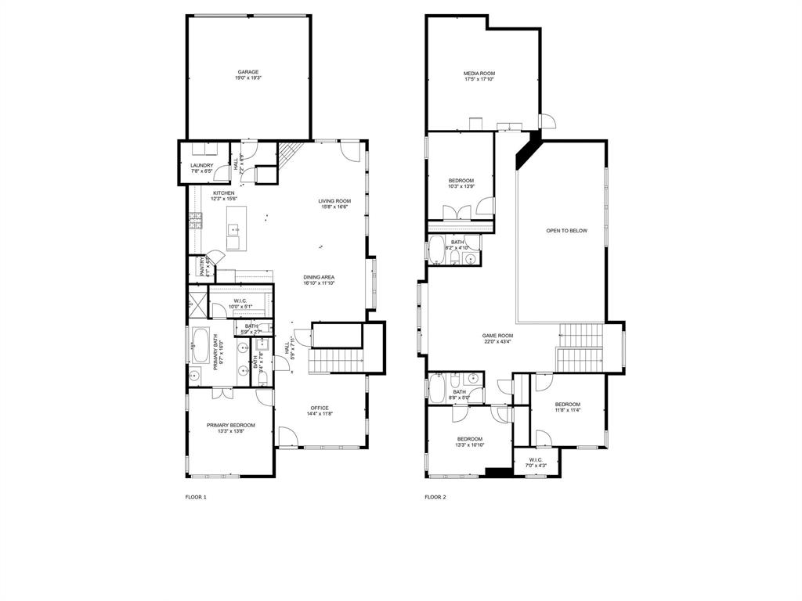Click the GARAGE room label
[x=247, y=72]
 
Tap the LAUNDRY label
[x=201, y=166]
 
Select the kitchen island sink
[x=233, y=229]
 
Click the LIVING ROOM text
[x=334, y=201]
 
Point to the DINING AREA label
[x=320, y=278]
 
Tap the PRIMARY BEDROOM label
[x=231, y=426]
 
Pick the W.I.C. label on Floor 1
[x=240, y=301]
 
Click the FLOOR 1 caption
[x=196, y=497]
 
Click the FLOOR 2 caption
[x=435, y=497]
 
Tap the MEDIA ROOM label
[x=479, y=74]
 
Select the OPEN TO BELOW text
[x=566, y=231]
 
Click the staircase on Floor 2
[x=580, y=348]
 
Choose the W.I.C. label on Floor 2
[x=536, y=460]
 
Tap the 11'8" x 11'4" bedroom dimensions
[x=568, y=409]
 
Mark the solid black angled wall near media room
[x=528, y=148]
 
